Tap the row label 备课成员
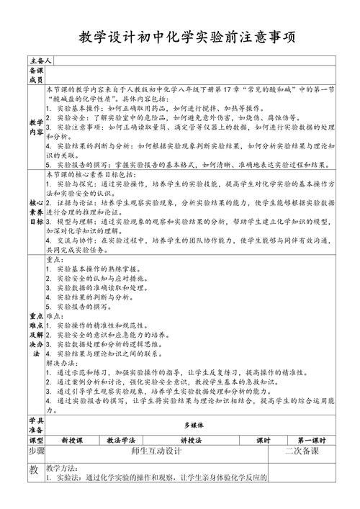35,75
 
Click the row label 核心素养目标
35,212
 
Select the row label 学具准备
35,424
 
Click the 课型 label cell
35,439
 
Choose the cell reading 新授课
73,439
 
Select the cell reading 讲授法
192,439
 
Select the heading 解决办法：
63,364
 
